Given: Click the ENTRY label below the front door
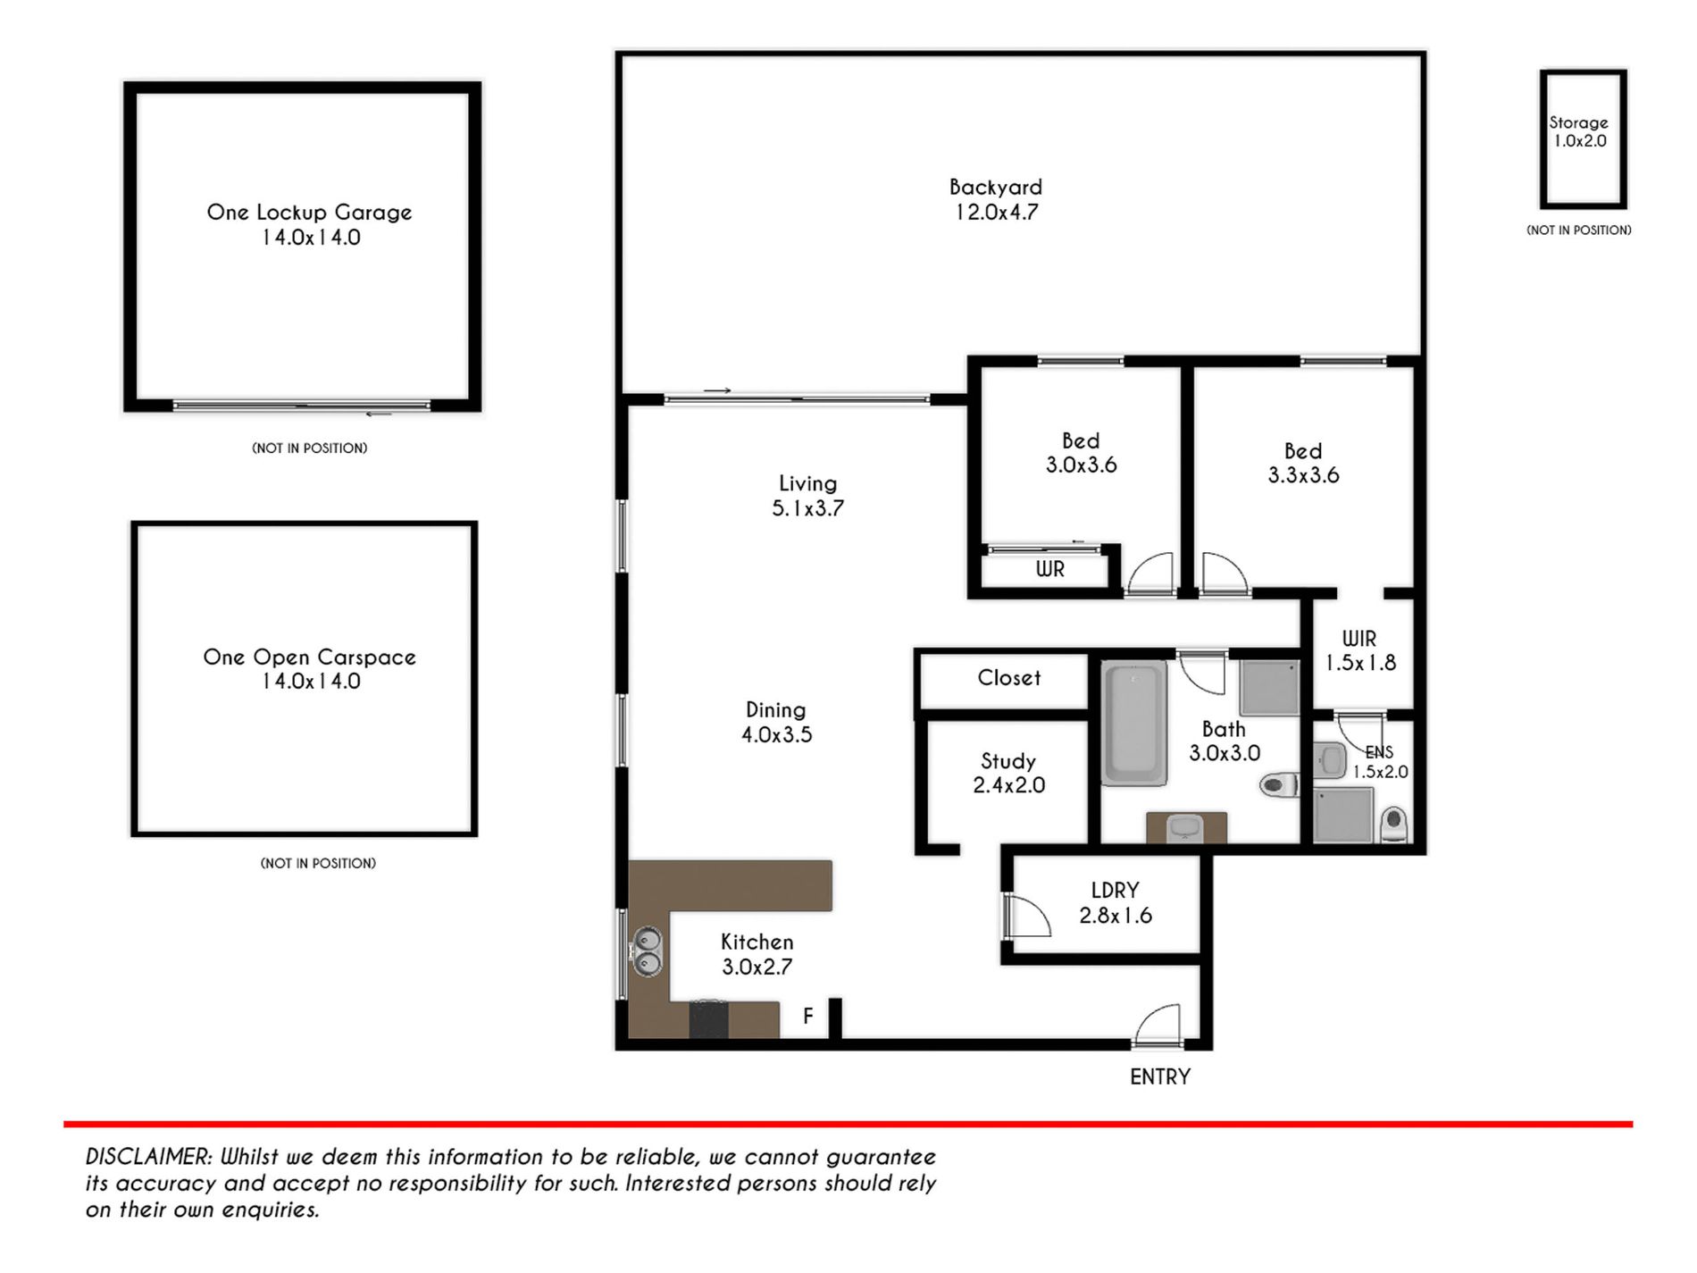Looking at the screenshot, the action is click(x=1160, y=1077).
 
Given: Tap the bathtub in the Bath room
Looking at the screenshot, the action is click(x=1134, y=724).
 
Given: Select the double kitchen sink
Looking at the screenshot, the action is click(x=647, y=952).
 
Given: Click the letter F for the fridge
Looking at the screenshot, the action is click(x=808, y=1017).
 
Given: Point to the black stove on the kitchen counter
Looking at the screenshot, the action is click(x=709, y=1019).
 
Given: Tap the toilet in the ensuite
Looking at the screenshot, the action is click(x=1393, y=824).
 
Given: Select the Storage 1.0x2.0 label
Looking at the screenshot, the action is click(x=1579, y=132).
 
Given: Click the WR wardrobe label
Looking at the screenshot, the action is click(x=1050, y=569).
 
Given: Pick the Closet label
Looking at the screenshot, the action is click(x=1009, y=678).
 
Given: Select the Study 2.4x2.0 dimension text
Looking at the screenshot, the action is click(x=1009, y=785).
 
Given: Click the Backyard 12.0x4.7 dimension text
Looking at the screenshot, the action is click(x=997, y=213).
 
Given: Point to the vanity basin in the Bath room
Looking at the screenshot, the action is click(x=1186, y=828).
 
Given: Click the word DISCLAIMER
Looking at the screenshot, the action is click(x=149, y=1157).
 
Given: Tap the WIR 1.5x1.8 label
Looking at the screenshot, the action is click(x=1360, y=651).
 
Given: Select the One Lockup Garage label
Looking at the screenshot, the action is click(x=310, y=213).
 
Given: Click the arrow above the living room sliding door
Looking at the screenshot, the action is click(x=717, y=390).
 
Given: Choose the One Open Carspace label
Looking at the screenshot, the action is click(x=310, y=657).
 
